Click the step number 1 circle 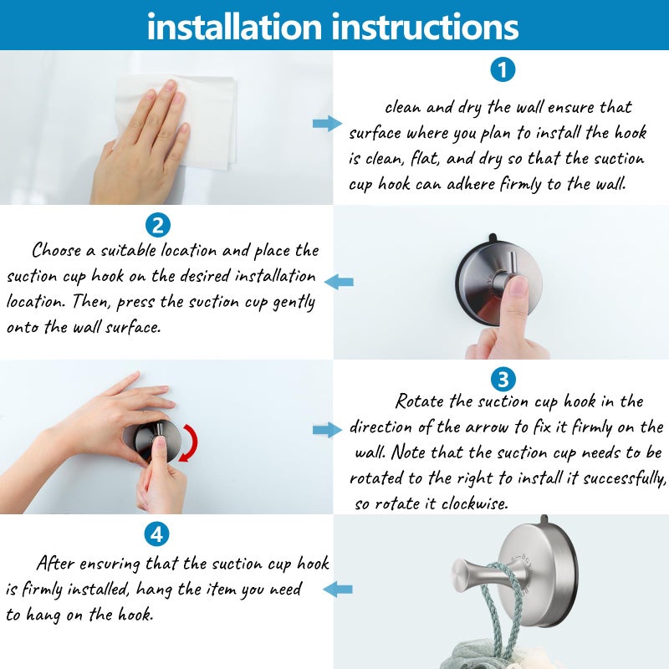click(x=502, y=70)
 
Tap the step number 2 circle click(x=158, y=225)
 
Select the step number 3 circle click(x=502, y=380)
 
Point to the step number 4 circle click(x=156, y=534)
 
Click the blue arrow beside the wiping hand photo click(x=327, y=124)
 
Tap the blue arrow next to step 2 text click(x=339, y=282)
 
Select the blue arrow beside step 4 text click(x=339, y=590)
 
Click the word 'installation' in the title click(x=235, y=26)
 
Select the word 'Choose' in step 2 click(x=57, y=250)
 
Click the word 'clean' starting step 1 click(x=403, y=107)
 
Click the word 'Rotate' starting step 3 click(x=421, y=401)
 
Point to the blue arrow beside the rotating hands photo click(x=327, y=430)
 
